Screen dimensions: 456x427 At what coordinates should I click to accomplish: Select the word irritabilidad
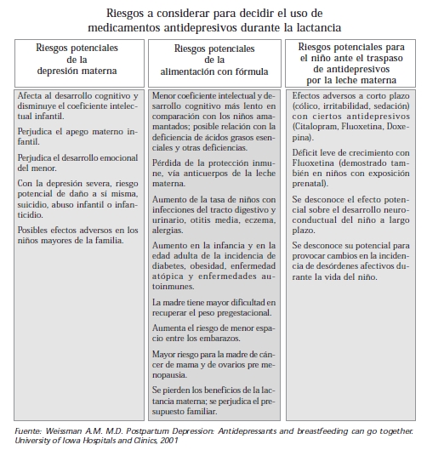344,107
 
